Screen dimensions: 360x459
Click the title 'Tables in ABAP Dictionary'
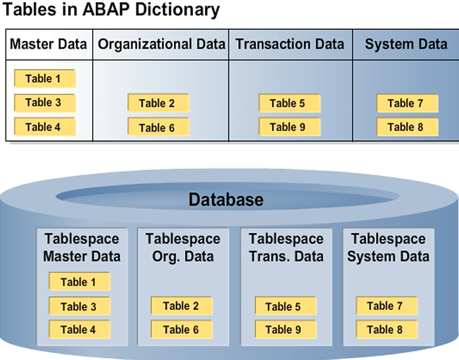point(112,11)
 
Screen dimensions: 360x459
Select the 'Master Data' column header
point(49,44)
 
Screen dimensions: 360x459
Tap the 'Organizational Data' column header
point(162,44)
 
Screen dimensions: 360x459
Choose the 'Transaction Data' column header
point(290,44)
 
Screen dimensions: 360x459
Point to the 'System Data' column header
point(405,44)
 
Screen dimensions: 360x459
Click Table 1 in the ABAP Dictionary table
point(44,78)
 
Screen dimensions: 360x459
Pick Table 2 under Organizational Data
point(158,103)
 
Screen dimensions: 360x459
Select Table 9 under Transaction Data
point(289,127)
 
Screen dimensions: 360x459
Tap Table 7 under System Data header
point(406,103)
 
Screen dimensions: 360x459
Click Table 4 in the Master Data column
point(44,127)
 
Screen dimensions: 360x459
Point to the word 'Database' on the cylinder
point(225,200)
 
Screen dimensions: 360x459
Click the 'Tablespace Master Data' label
point(82,247)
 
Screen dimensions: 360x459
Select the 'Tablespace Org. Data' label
point(182,247)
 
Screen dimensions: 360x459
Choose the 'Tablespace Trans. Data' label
point(286,247)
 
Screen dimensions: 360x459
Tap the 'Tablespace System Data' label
point(389,247)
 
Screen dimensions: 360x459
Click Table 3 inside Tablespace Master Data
point(79,306)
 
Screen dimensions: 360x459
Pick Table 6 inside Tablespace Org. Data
point(181,330)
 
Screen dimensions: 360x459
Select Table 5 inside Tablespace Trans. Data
point(284,306)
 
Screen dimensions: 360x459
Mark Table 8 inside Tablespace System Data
point(386,330)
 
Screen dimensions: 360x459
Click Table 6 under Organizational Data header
point(158,128)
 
